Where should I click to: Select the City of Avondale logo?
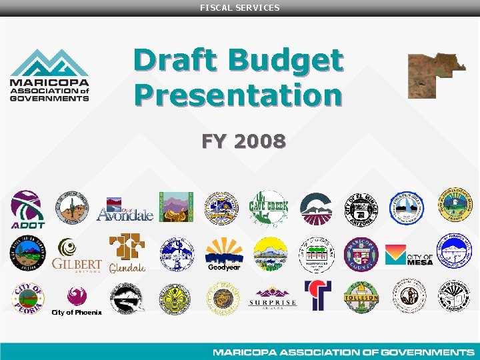pos(125,209)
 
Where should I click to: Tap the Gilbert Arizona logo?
pos(76,255)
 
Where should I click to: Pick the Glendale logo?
pos(127,254)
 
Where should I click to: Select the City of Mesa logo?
pos(409,255)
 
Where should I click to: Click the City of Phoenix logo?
pos(76,301)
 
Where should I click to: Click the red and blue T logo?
pos(317,295)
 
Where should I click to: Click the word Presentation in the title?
pos(237,94)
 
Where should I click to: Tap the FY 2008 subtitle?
pos(244,141)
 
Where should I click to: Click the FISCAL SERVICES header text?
pos(240,7)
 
